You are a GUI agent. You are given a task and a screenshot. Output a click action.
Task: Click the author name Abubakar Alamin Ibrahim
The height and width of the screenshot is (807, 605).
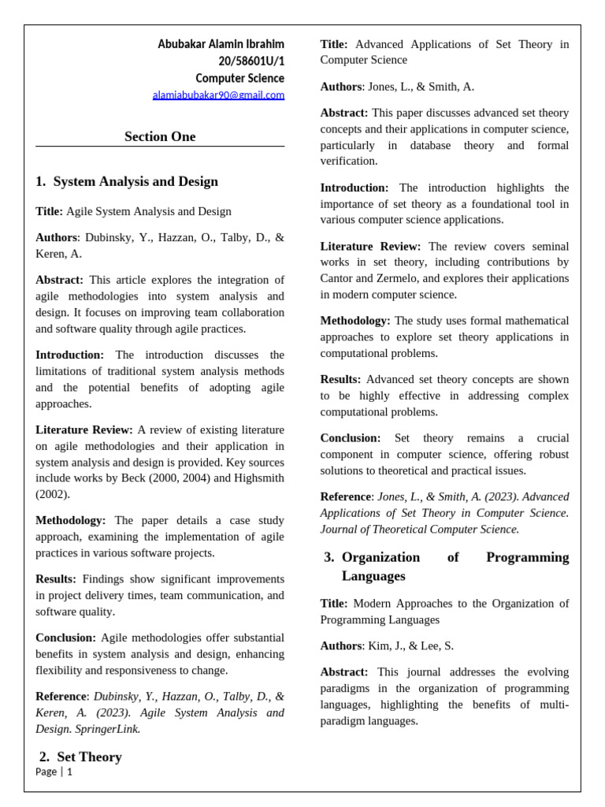coord(221,44)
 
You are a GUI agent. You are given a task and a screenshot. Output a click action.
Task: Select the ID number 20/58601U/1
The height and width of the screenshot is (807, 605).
coord(251,61)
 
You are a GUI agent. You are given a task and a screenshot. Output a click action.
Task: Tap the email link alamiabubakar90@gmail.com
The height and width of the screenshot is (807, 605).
coord(218,95)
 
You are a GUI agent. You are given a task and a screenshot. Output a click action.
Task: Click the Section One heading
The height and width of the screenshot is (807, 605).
coord(160,136)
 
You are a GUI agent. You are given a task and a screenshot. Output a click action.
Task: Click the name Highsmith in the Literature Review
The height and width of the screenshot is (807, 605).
coord(257,478)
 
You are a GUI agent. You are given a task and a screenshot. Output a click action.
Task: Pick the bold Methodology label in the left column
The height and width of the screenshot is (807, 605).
coord(70,520)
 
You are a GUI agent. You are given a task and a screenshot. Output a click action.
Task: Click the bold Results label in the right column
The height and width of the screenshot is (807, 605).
coord(340,379)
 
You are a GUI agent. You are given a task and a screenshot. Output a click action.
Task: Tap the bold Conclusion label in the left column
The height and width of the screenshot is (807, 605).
coord(65,638)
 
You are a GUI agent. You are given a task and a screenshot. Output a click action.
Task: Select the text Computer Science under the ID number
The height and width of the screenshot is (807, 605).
coord(239,79)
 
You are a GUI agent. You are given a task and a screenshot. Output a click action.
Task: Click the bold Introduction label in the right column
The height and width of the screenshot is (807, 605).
coord(354,188)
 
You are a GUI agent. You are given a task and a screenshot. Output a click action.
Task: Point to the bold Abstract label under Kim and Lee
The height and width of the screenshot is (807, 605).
coord(343,671)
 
